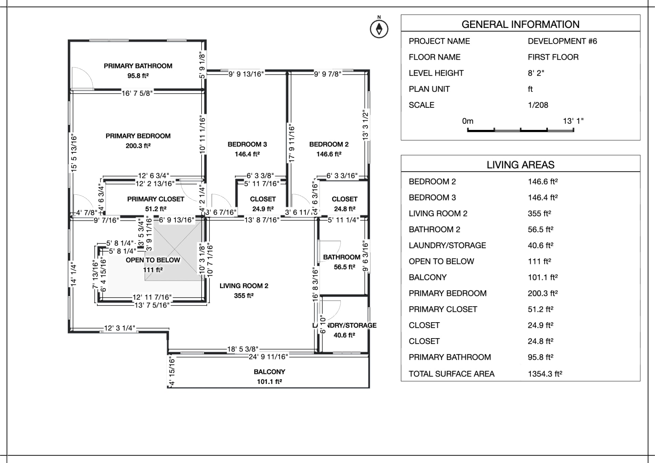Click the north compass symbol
click(379, 29)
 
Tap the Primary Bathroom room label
click(138, 66)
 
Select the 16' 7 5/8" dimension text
click(137, 93)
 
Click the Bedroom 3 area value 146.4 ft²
click(247, 154)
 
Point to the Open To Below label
click(153, 260)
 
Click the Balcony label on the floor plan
click(269, 372)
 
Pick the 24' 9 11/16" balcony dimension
click(268, 357)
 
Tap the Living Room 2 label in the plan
click(244, 286)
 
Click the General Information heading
click(520, 25)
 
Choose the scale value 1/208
click(538, 105)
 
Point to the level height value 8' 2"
click(536, 73)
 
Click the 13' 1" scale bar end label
click(573, 121)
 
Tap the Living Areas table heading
click(520, 165)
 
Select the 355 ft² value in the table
click(539, 214)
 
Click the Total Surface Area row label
click(451, 374)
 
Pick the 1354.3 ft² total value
click(545, 374)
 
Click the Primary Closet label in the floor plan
click(156, 199)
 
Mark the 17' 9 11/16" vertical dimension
click(292, 144)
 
